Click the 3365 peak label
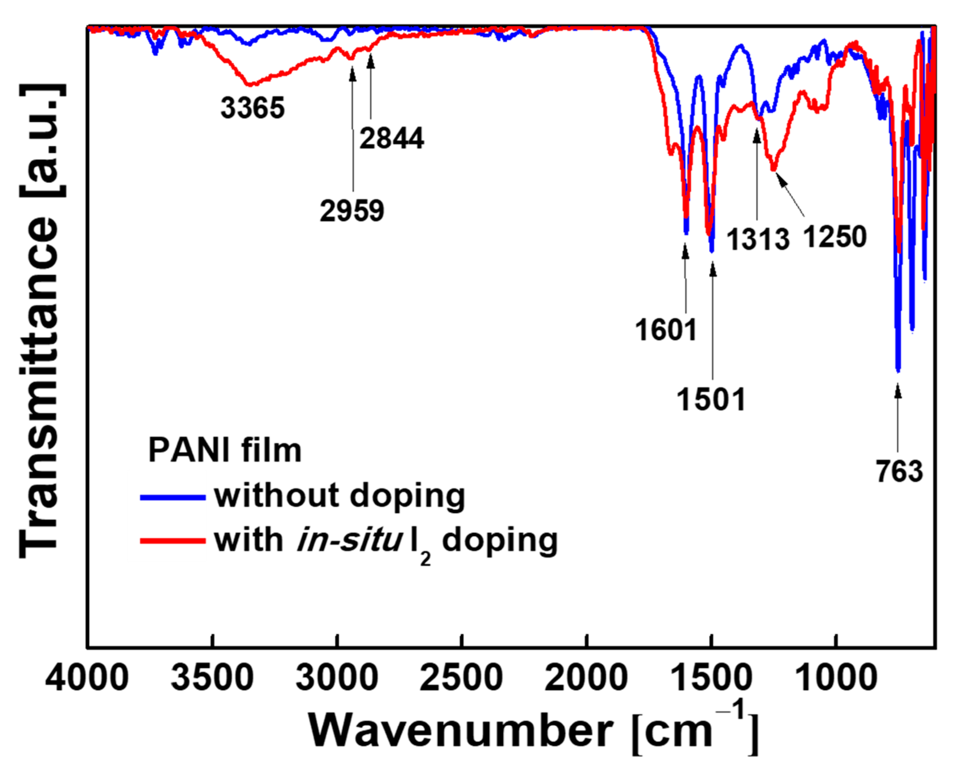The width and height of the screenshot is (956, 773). pyautogui.click(x=252, y=108)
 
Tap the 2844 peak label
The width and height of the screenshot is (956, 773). pyautogui.click(x=392, y=138)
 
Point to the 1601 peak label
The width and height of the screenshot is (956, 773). pyautogui.click(x=666, y=331)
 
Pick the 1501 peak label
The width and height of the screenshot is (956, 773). pyautogui.click(x=711, y=400)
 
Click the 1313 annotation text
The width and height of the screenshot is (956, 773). pyautogui.click(x=758, y=240)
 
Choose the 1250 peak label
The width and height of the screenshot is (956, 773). pyautogui.click(x=835, y=237)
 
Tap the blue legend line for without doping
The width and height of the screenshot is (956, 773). pyautogui.click(x=172, y=497)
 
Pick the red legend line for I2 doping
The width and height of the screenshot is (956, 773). pyautogui.click(x=172, y=541)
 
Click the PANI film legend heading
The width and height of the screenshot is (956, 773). pyautogui.click(x=225, y=451)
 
